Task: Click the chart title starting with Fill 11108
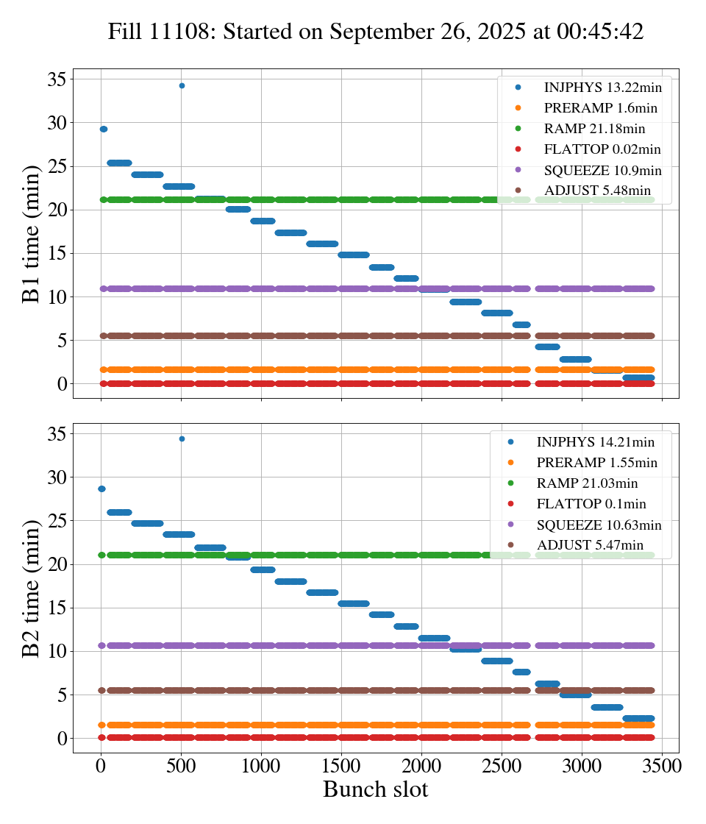(375, 32)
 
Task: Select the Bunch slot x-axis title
(375, 790)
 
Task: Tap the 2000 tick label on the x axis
(421, 764)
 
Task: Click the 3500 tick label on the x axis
(662, 764)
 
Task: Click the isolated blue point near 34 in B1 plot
(182, 85)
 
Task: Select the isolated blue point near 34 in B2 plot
(182, 438)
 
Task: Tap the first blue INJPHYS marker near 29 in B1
(104, 129)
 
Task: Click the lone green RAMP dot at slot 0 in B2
(101, 555)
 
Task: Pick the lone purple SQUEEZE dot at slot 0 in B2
(101, 645)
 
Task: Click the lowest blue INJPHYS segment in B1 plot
(638, 377)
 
